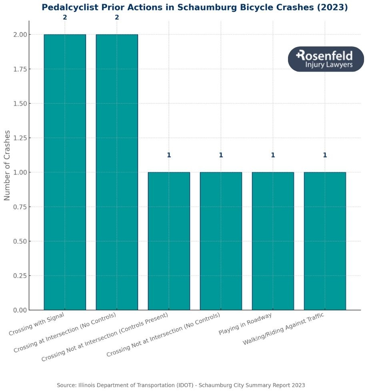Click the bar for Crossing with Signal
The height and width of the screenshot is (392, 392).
tap(65, 172)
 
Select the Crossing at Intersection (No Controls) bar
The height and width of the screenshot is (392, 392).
tap(117, 172)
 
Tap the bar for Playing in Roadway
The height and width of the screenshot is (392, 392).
tap(273, 241)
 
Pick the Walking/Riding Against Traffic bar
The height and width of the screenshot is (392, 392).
tap(325, 241)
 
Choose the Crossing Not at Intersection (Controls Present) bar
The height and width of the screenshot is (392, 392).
tap(169, 241)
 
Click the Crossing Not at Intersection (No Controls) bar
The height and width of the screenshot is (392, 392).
tap(221, 241)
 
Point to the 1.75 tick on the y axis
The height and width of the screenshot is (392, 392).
tap(18, 69)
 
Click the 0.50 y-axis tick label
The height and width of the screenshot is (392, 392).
tap(18, 241)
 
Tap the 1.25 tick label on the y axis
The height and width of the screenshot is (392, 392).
tap(18, 138)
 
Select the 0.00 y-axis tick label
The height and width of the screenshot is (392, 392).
tap(18, 310)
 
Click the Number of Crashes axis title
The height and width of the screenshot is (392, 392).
tap(7, 165)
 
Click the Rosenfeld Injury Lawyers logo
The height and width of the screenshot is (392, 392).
tap(326, 59)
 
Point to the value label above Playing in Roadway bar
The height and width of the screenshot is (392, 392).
tap(273, 155)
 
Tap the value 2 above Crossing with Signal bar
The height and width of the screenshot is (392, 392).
tap(65, 17)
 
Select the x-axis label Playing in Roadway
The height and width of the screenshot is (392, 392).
tap(245, 324)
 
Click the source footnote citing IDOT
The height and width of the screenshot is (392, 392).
tap(181, 385)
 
